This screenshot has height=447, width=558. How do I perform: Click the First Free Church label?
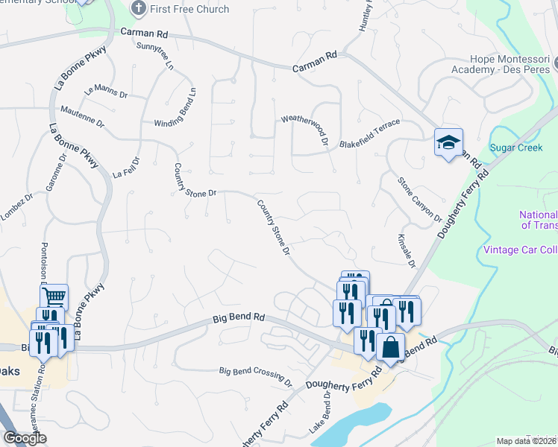(189, 10)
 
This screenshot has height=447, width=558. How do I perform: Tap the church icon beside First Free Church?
(138, 9)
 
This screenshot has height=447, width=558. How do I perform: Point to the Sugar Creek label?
(515, 148)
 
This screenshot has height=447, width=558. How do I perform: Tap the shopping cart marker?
(54, 297)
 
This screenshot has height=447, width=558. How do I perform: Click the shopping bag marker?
(391, 347)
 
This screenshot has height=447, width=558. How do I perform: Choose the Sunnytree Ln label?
(155, 56)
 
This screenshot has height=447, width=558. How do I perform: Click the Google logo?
(25, 438)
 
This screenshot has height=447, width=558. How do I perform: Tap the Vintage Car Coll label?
(520, 249)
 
